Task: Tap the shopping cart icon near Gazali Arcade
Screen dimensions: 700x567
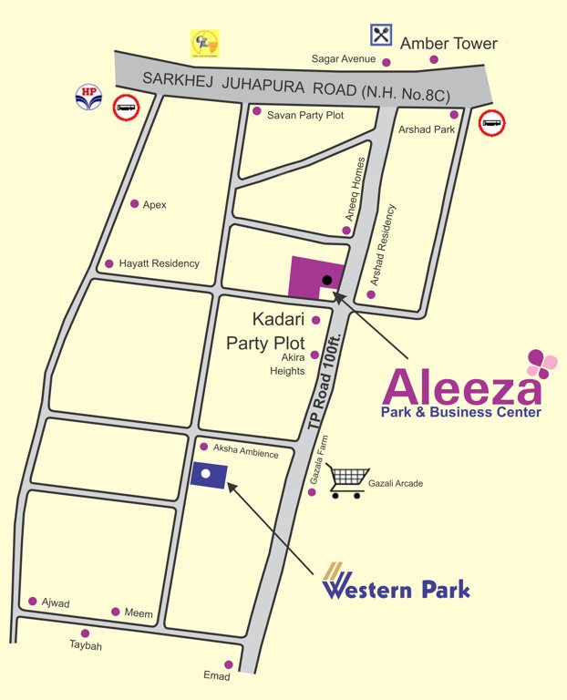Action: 350,482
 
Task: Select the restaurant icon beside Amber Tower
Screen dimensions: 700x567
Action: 380,36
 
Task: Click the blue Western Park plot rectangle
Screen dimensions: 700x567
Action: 208,474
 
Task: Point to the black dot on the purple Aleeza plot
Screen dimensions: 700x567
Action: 327,278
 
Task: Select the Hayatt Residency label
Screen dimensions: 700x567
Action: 159,263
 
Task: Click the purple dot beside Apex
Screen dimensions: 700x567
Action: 135,204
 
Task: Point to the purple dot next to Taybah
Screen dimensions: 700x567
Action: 85,633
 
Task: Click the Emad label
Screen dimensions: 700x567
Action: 217,677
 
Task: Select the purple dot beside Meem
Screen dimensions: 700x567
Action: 116,612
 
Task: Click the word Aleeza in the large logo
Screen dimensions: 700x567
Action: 460,386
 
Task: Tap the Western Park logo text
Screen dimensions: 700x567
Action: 397,589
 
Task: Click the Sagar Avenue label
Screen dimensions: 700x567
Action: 343,59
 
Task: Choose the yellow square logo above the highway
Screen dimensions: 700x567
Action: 204,43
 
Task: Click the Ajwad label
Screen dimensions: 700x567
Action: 56,603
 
